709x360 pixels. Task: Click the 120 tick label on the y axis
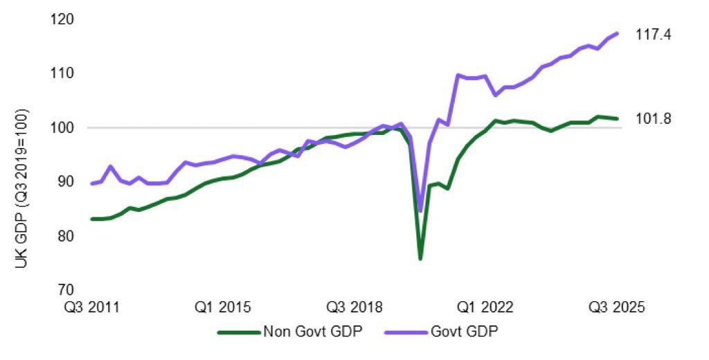pos(64,19)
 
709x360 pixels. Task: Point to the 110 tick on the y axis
pos(64,73)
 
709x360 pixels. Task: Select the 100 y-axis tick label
pos(64,128)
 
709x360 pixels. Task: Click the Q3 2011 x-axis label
pos(92,307)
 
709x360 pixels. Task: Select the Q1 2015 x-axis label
pos(224,307)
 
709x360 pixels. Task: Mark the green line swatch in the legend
pos(238,331)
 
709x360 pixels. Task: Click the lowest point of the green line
pos(420,259)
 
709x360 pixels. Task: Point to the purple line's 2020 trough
pos(420,211)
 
